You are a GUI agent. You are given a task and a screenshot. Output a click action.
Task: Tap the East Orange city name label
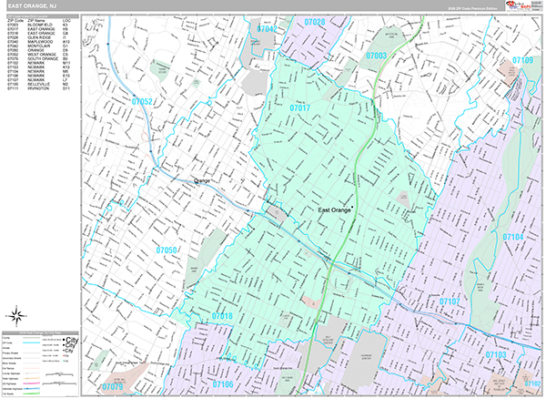point(334,210)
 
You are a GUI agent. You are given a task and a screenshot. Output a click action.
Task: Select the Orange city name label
point(202,180)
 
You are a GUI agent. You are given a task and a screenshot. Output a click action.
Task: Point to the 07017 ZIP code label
point(300,108)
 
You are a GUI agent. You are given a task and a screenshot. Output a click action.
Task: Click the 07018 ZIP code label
point(223,316)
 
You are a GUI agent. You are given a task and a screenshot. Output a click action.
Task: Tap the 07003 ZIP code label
point(377,56)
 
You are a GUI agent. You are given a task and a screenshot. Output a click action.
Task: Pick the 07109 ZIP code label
point(522,60)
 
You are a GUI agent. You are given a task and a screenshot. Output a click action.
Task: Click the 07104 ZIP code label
point(513,237)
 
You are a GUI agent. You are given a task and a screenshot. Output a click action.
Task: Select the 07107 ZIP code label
point(450,301)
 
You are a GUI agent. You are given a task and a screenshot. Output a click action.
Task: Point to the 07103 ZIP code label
point(496,353)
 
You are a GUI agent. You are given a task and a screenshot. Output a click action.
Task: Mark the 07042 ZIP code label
point(268,29)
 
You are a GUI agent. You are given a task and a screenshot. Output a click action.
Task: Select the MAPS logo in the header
point(522,6)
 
